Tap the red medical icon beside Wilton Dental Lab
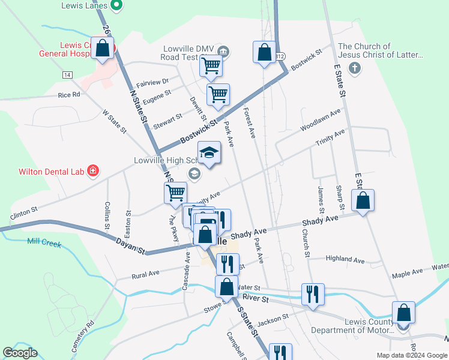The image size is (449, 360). point(93,172)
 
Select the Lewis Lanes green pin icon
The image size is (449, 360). point(118,6)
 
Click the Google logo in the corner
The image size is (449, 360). point(20,353)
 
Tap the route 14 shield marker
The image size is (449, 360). point(67,74)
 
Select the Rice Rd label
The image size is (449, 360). point(69,95)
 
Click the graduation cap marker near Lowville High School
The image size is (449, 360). point(209,154)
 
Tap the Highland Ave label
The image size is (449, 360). point(345,260)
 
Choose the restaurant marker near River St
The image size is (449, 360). point(313,294)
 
